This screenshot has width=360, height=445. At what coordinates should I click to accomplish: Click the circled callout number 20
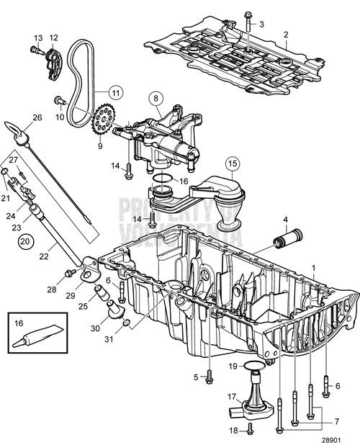(x=26, y=241)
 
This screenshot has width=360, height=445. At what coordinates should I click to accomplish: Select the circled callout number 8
(x=154, y=97)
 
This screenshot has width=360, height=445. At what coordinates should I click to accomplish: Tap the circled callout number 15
(x=233, y=163)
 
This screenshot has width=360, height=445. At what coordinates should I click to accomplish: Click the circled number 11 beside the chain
(x=115, y=92)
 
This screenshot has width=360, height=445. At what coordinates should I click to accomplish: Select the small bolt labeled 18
(x=248, y=429)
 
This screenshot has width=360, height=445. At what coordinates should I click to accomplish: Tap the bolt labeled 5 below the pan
(x=208, y=376)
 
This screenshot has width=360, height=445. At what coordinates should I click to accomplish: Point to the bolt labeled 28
(x=70, y=272)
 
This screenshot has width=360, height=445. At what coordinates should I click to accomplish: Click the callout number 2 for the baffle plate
(x=286, y=35)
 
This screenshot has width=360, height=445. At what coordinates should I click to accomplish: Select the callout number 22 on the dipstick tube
(x=44, y=254)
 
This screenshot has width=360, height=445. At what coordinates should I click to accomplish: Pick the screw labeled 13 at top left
(x=34, y=49)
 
